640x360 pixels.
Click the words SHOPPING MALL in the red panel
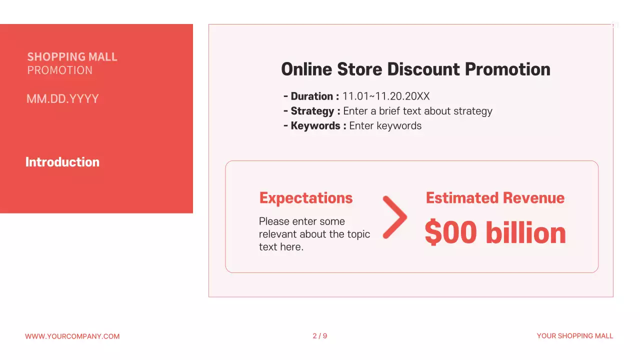72,57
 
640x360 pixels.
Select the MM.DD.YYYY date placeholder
62,99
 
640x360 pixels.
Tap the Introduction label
62,162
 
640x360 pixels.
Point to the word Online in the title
306,69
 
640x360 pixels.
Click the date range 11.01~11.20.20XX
386,96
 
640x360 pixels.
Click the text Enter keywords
385,125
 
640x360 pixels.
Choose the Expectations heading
306,198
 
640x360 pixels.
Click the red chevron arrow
395,217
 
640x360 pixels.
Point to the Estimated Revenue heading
495,198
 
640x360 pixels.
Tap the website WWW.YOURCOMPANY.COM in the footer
72,336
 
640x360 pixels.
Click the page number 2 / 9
320,336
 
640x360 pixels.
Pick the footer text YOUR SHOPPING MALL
575,336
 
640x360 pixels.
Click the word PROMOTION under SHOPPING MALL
60,70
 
